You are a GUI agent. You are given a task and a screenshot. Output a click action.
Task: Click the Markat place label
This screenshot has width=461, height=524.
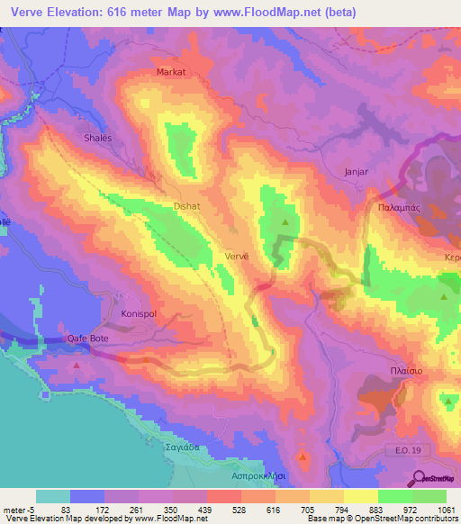pyautogui.click(x=171, y=71)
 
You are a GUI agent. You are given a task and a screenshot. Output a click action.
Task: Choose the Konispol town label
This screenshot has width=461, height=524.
pyautogui.click(x=140, y=314)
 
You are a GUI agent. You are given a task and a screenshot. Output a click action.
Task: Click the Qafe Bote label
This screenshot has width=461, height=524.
pyautogui.click(x=89, y=339)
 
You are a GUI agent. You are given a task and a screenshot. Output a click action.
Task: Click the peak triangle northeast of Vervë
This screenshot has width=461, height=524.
pyautogui.click(x=286, y=221)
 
